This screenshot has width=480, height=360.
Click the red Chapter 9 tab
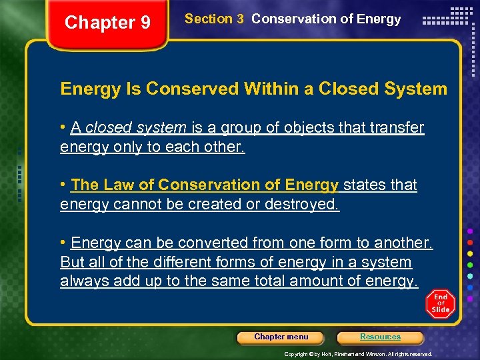pyautogui.click(x=107, y=23)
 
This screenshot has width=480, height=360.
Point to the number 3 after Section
pyautogui.click(x=239, y=19)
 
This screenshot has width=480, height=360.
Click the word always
pyautogui.click(x=82, y=281)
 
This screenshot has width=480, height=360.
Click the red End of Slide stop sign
pyautogui.click(x=440, y=303)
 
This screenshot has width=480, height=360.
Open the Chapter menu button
pyautogui.click(x=281, y=337)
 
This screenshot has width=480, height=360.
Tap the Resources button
pyautogui.click(x=380, y=337)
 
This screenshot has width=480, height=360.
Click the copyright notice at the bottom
pyautogui.click(x=359, y=354)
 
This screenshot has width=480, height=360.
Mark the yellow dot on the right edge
pyautogui.click(x=470, y=254)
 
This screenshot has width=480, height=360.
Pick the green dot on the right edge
pyautogui.click(x=470, y=265)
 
